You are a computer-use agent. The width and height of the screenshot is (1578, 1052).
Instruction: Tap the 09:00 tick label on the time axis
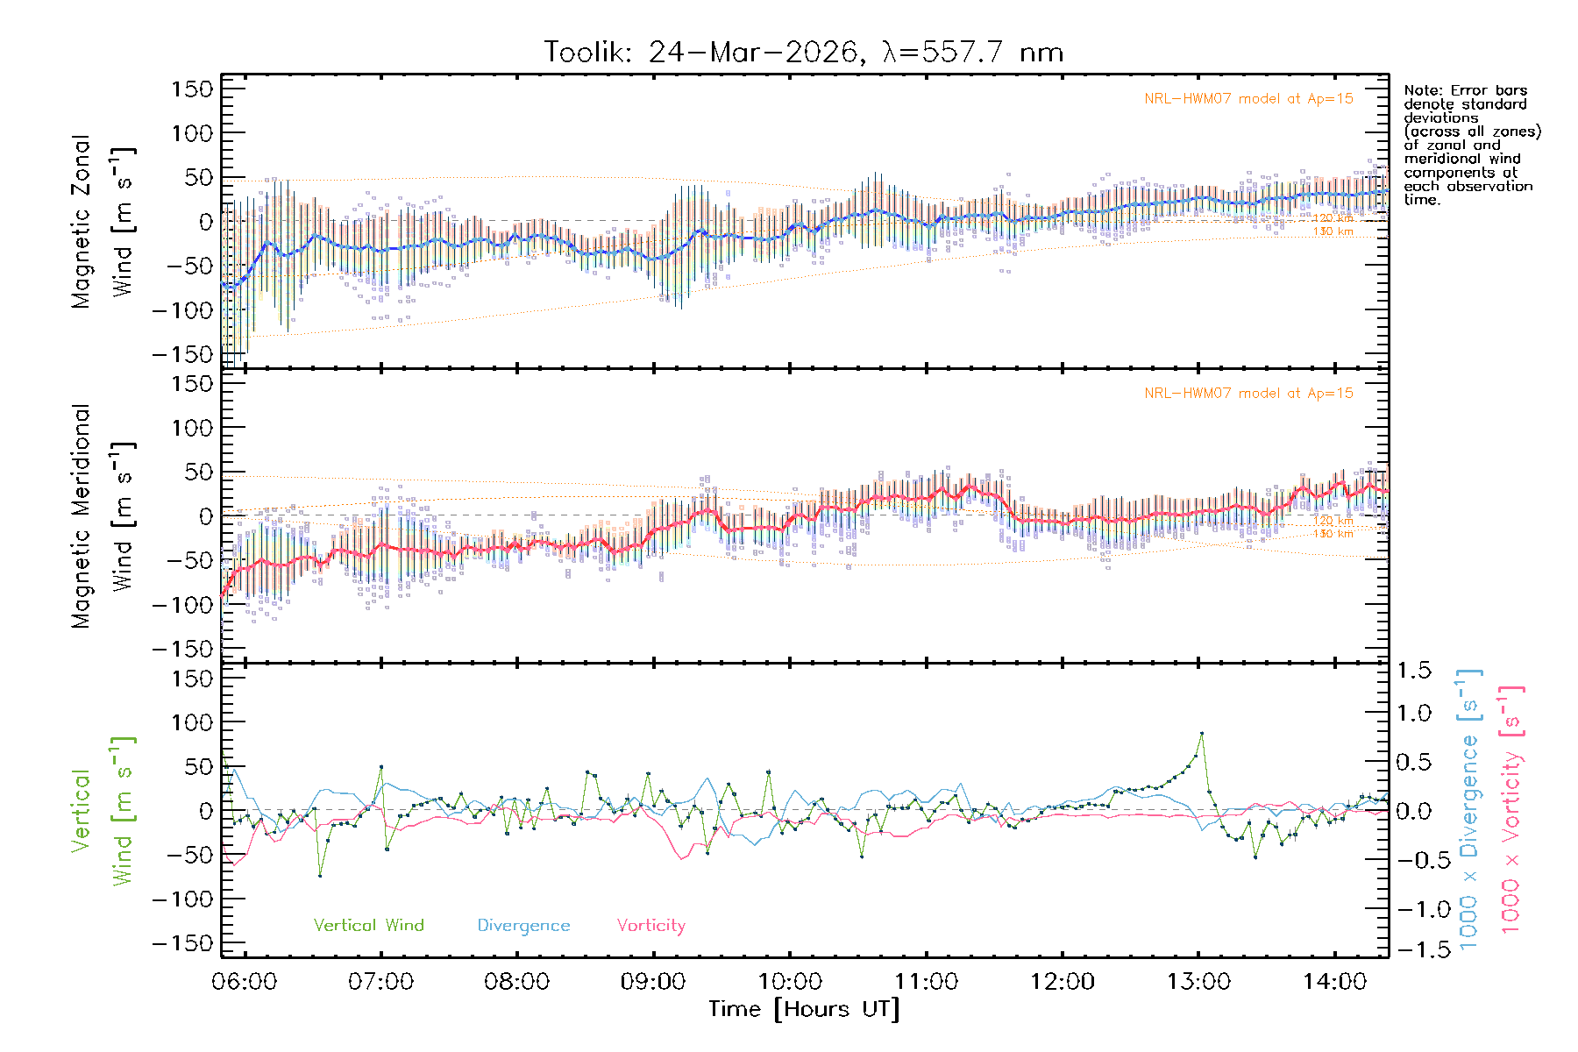click(x=653, y=982)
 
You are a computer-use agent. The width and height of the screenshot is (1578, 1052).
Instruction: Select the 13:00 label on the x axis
click(x=1198, y=982)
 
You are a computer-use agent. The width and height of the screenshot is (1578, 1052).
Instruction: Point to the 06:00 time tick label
click(x=245, y=982)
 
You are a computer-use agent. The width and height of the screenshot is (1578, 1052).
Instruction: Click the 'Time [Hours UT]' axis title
click(x=804, y=1009)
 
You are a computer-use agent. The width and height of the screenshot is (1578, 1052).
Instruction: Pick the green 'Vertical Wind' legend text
click(x=368, y=925)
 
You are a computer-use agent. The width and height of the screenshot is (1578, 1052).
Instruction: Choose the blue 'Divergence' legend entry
click(x=523, y=925)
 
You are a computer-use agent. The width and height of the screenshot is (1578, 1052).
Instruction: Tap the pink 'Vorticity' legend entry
click(x=650, y=925)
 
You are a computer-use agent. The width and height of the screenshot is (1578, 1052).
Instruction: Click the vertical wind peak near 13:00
click(x=1201, y=733)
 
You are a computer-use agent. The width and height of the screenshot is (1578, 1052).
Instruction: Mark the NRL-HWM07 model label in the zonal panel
click(x=1248, y=99)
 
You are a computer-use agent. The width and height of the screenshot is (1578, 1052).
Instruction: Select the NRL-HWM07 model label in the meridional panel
click(x=1248, y=394)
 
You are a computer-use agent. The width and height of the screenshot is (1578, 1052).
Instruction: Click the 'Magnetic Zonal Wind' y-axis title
click(x=103, y=222)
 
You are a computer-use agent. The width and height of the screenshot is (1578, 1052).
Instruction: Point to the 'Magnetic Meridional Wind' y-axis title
click(x=103, y=516)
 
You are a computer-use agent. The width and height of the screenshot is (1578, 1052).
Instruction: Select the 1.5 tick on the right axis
click(x=1413, y=671)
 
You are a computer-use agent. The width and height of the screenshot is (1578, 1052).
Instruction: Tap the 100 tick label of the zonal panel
click(x=192, y=133)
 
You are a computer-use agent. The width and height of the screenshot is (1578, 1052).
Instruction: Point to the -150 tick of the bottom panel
click(x=182, y=943)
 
